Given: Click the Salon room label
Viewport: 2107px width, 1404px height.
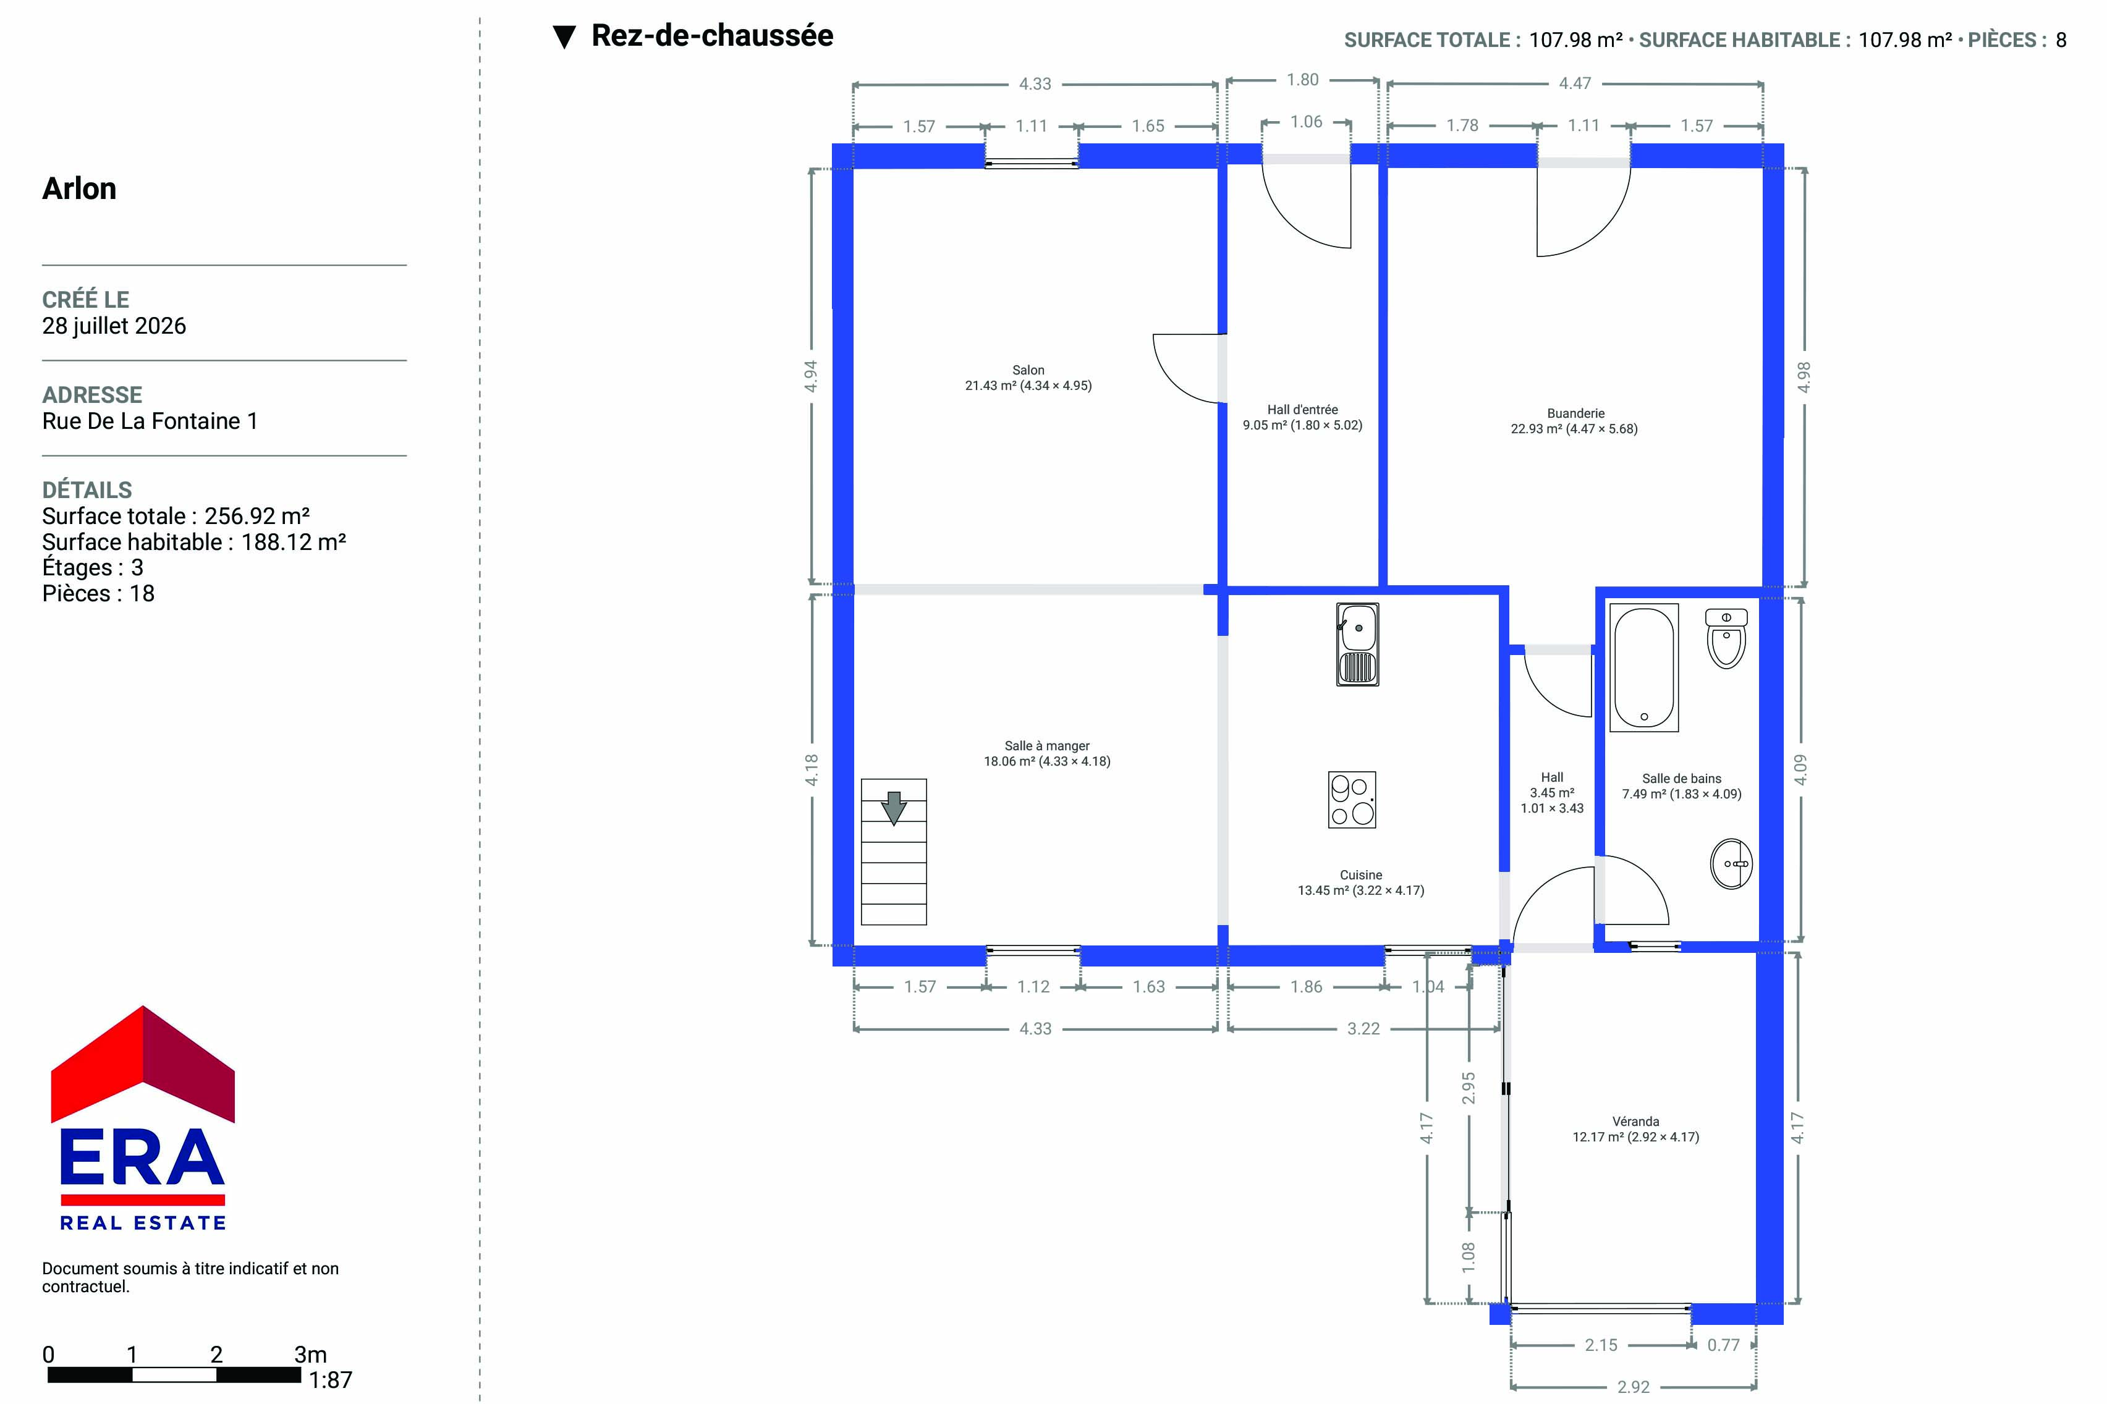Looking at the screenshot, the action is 1028,378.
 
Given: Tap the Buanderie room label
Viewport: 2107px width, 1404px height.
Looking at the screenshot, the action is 1574,421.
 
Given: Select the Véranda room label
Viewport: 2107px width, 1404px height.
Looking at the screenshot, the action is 1635,1129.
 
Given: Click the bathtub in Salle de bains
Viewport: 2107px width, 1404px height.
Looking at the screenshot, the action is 1643,668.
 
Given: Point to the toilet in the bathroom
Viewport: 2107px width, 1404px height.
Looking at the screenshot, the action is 1726,638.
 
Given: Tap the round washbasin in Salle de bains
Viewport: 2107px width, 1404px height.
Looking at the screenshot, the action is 1731,864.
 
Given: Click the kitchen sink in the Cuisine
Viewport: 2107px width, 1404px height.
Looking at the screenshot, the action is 1357,645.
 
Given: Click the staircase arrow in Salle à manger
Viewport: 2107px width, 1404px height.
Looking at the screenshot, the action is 894,808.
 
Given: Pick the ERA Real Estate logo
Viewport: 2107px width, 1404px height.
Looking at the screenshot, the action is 143,1119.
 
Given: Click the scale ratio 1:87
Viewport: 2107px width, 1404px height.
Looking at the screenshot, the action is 331,1380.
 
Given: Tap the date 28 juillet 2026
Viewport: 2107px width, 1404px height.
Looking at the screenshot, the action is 114,326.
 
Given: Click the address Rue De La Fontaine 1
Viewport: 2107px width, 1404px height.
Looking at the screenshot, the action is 150,421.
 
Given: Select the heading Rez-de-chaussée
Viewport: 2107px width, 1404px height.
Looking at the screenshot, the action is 712,36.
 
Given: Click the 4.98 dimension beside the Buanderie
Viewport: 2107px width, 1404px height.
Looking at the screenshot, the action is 1804,377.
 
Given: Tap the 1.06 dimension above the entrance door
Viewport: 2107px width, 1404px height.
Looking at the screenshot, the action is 1305,122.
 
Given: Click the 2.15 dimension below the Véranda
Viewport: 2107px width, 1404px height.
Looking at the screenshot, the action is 1601,1345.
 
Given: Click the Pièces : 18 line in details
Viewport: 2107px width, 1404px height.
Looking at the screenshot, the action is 98,594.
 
